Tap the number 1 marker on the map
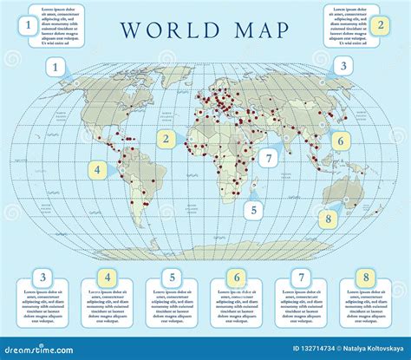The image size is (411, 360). pos(57,66)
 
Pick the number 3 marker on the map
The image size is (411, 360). pos(342,66)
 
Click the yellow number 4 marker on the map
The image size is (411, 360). pos(98,169)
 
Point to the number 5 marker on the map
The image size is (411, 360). pos(253,208)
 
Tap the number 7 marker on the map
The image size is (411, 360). pos(270,158)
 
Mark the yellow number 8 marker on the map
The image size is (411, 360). pos(328,219)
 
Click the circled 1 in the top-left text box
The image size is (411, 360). pos(29,26)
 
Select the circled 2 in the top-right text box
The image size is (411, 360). pos(380,24)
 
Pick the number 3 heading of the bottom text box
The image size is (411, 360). pos(42,278)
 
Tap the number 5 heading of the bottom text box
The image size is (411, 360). pos(172,278)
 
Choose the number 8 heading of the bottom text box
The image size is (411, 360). pos(366,278)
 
